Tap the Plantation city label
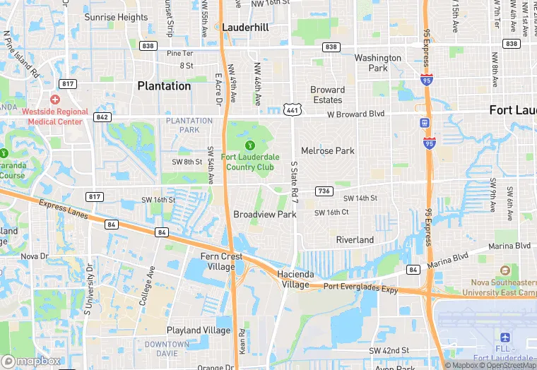tap(164, 86)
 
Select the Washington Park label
tap(377, 63)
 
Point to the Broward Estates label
tap(328, 95)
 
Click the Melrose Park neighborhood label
tap(328, 151)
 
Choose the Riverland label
tap(355, 240)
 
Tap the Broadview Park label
tap(265, 215)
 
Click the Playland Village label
tap(199, 330)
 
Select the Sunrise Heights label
tap(116, 17)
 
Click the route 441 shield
tap(291, 109)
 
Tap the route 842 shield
tap(102, 117)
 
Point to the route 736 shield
tap(324, 191)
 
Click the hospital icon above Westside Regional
tap(55, 100)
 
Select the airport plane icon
tap(505, 338)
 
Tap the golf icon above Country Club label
tap(249, 145)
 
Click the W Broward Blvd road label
tap(355, 114)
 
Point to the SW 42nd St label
tap(389, 351)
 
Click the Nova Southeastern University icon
tap(504, 270)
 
